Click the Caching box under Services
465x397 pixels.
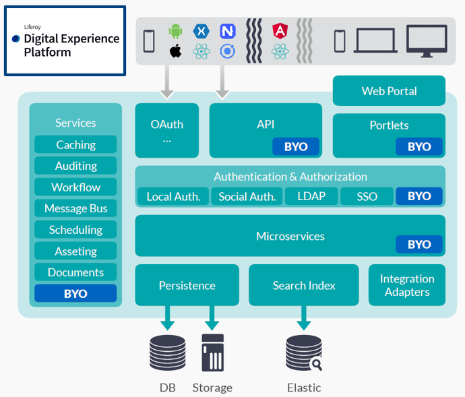tap(75, 144)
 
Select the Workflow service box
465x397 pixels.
tap(75, 187)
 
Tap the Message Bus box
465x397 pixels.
tap(75, 208)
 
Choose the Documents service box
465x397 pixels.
tap(75, 272)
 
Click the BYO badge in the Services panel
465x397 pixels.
tap(75, 293)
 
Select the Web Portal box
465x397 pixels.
tap(389, 91)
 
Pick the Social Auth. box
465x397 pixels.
tap(247, 196)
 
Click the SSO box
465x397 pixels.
tap(367, 196)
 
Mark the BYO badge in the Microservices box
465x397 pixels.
tap(419, 244)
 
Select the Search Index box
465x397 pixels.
tap(304, 285)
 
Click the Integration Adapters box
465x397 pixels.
tap(407, 285)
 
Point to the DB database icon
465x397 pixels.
tap(168, 353)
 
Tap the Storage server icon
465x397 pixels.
tap(212, 353)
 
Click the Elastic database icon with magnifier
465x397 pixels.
tap(303, 353)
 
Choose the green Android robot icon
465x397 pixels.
tap(176, 31)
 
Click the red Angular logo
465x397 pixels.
tap(280, 30)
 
